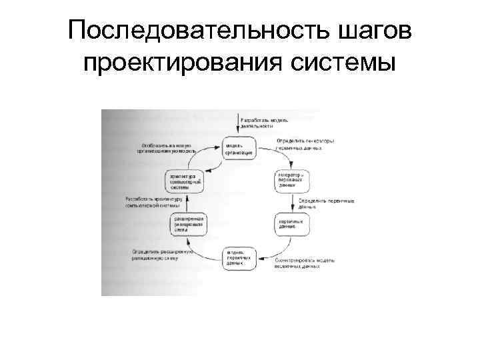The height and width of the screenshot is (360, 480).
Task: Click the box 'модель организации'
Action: (x=239, y=148)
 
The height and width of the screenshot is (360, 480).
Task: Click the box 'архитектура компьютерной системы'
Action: (x=185, y=181)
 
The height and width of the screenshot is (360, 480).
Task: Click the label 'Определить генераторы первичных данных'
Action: (x=305, y=144)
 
